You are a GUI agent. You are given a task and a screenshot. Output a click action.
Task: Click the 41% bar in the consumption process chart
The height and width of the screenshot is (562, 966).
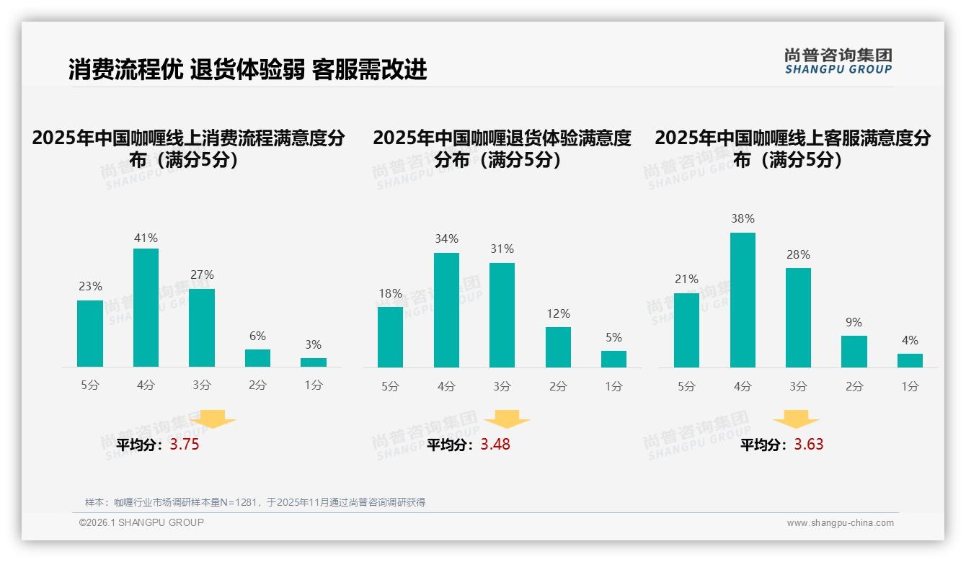pyautogui.click(x=146, y=308)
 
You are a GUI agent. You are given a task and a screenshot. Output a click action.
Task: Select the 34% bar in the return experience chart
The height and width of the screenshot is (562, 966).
pyautogui.click(x=446, y=310)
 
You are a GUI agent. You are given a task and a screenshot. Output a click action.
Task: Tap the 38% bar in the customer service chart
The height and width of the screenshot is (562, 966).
pyautogui.click(x=743, y=300)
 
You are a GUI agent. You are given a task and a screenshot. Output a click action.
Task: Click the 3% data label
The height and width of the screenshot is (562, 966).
pyautogui.click(x=313, y=345)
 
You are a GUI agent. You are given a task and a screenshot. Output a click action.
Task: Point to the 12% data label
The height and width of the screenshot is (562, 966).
pyautogui.click(x=558, y=314)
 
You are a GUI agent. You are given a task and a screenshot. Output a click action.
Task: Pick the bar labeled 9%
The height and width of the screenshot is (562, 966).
pyautogui.click(x=854, y=352)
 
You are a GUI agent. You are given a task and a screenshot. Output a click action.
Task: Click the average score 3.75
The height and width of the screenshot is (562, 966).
pyautogui.click(x=185, y=445)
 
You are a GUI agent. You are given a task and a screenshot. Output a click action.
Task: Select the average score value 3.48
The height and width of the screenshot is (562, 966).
pyautogui.click(x=495, y=445)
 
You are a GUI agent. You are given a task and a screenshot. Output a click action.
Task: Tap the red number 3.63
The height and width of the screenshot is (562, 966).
pyautogui.click(x=809, y=445)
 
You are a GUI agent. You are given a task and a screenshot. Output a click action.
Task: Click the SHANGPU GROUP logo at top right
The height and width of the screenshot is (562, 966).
pyautogui.click(x=838, y=61)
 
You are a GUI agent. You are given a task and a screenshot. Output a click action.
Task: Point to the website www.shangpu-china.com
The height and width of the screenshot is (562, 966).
pyautogui.click(x=840, y=523)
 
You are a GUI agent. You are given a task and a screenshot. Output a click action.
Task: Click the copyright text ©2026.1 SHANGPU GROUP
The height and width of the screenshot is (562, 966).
pyautogui.click(x=141, y=522)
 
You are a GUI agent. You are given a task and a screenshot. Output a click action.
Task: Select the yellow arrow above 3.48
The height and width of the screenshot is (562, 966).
pyautogui.click(x=507, y=420)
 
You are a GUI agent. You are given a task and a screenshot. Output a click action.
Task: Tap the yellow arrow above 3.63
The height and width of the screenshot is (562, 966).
pyautogui.click(x=796, y=420)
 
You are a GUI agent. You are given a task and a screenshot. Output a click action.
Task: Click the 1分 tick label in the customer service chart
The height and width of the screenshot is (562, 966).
pyautogui.click(x=910, y=387)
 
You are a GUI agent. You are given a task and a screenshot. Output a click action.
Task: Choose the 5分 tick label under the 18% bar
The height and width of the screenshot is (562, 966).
pyautogui.click(x=390, y=387)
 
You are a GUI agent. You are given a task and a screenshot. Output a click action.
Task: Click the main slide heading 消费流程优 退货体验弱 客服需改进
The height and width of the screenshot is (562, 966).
pyautogui.click(x=247, y=69)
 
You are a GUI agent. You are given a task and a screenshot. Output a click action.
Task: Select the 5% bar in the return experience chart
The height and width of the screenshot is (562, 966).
pyautogui.click(x=613, y=359)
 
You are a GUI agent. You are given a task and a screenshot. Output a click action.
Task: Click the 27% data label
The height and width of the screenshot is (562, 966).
pyautogui.click(x=202, y=275)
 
